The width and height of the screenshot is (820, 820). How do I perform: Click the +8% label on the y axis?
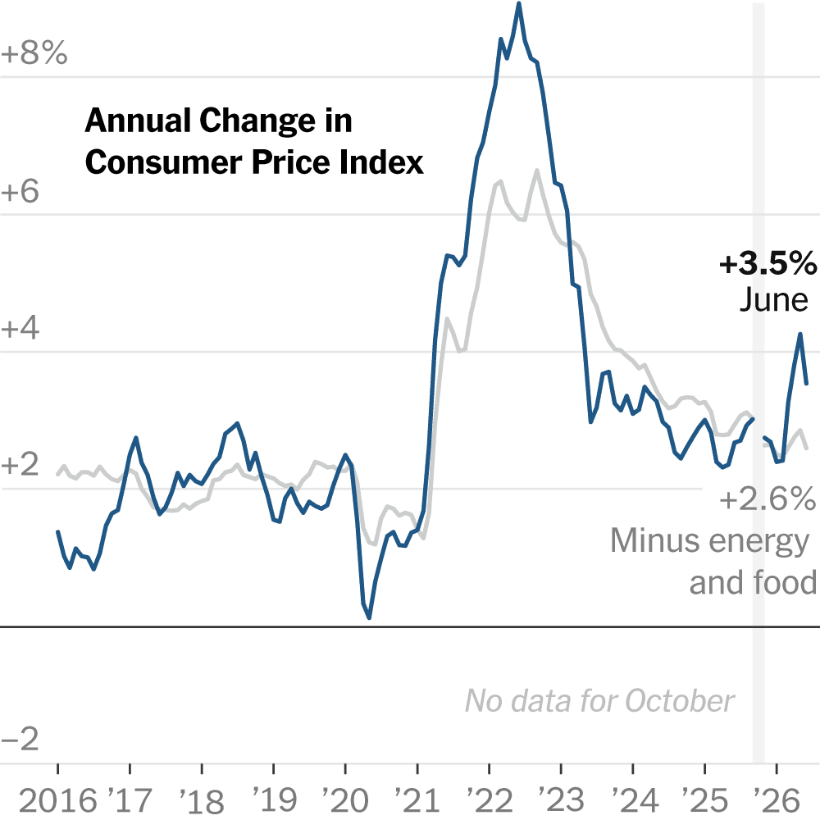[x=34, y=52]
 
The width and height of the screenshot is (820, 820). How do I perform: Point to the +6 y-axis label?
[x=20, y=191]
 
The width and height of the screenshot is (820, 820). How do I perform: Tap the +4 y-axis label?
[x=20, y=329]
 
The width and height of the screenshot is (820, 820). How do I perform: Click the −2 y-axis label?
[x=20, y=739]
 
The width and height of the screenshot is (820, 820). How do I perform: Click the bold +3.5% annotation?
[x=768, y=263]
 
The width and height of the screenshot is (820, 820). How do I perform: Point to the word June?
[x=774, y=299]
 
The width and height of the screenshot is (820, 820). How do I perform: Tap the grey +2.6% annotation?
[x=768, y=499]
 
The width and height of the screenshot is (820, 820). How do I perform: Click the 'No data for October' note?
[x=600, y=701]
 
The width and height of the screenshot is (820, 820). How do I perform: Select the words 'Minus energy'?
[x=709, y=541]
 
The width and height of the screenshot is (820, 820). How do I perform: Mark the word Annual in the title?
[x=138, y=121]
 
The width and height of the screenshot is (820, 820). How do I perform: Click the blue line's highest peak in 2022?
[x=519, y=3]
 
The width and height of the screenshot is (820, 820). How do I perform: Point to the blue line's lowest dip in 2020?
[x=369, y=617]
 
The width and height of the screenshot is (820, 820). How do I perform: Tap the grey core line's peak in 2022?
[x=536, y=170]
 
